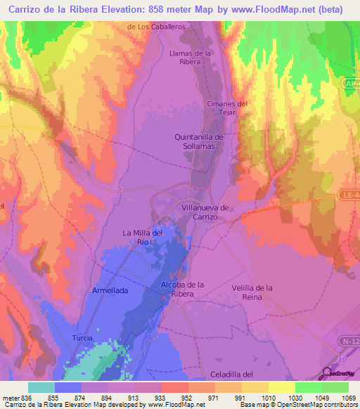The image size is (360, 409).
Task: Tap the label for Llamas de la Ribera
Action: coord(191,57)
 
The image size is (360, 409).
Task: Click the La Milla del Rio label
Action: coord(143,237)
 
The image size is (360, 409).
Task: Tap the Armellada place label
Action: coord(110,290)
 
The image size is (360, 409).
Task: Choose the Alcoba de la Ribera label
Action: coord(182,288)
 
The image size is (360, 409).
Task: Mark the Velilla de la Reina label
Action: coord(252,292)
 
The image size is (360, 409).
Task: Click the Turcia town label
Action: coord(82,338)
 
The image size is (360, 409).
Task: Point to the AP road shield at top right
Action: coord(352,84)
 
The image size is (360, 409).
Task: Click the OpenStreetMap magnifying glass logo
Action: coord(328,372)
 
